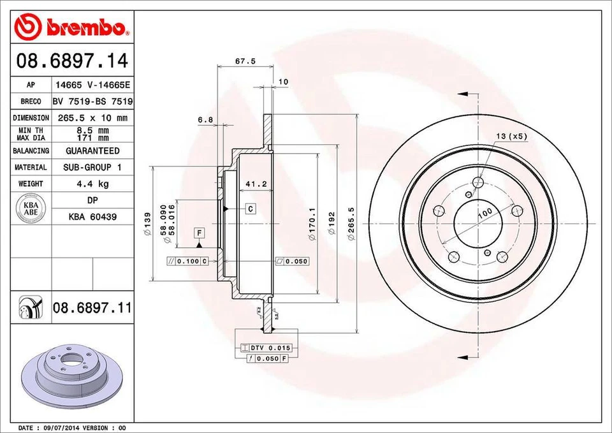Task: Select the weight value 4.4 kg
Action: pos(92,184)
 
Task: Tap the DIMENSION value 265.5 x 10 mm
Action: pos(92,118)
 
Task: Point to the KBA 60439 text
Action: pos(92,217)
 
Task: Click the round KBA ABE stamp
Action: pos(31,209)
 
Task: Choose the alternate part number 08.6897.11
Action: pos(92,309)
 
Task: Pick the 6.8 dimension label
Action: pos(205,119)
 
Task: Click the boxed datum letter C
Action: pos(251,209)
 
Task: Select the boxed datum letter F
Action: pos(199,232)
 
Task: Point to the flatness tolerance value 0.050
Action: pos(296,261)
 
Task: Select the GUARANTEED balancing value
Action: pos(92,151)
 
